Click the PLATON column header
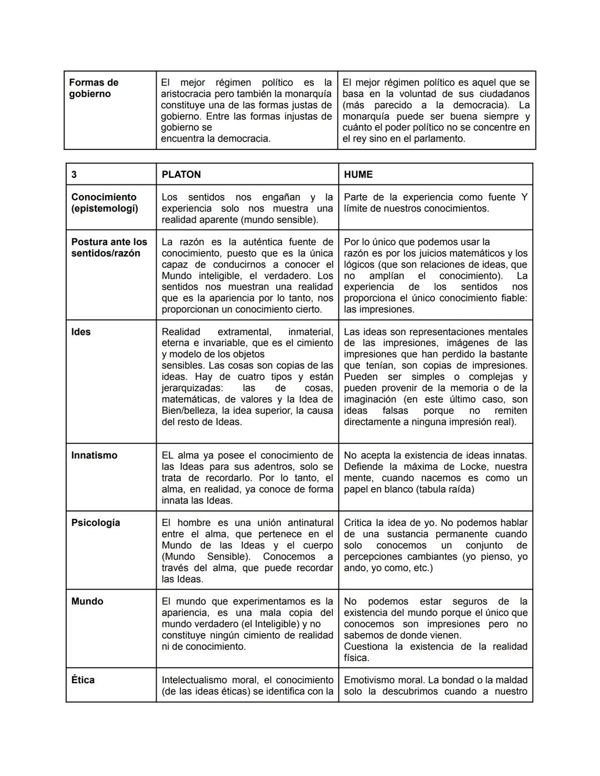click(181, 174)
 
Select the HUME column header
click(358, 174)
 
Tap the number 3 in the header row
click(74, 174)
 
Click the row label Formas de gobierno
click(93, 88)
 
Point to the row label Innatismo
click(94, 455)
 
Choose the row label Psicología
click(95, 523)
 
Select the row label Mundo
click(87, 601)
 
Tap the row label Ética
click(83, 680)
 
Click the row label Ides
click(81, 332)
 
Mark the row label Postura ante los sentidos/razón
click(109, 248)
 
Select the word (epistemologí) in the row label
click(104, 208)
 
